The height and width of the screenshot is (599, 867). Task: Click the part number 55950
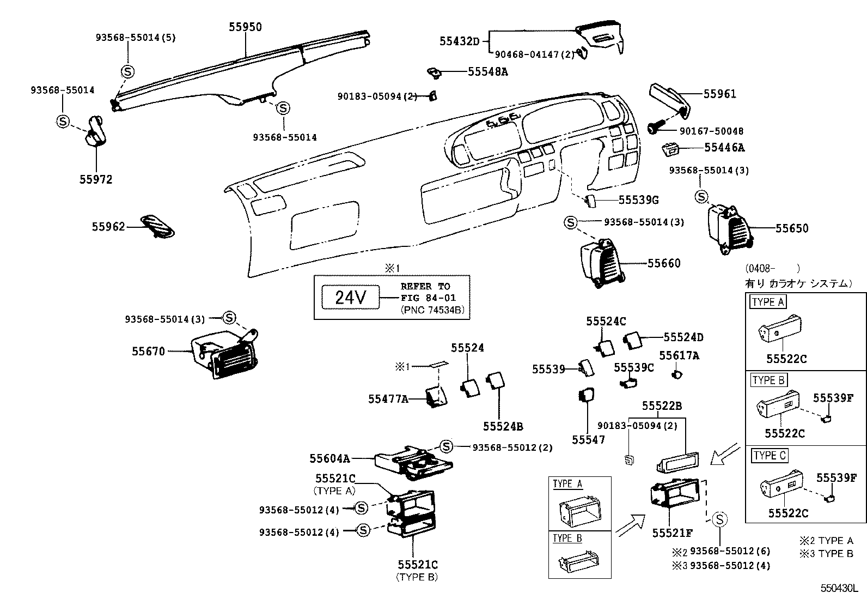[x=245, y=27]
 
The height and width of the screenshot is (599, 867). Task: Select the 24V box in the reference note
[x=350, y=298]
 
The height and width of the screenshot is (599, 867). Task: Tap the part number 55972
[x=96, y=179]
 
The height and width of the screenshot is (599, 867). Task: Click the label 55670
[x=148, y=352]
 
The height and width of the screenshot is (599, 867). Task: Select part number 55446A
[x=724, y=147]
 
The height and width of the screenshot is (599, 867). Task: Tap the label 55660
[x=664, y=263]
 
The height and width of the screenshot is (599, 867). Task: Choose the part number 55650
[x=792, y=228]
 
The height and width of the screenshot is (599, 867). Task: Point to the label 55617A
[x=679, y=356]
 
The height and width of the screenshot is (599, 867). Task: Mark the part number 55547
[x=588, y=439]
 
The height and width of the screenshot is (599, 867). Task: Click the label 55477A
[x=388, y=399]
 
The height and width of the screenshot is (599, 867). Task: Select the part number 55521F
[x=673, y=532]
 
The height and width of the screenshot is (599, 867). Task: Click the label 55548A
[x=487, y=71]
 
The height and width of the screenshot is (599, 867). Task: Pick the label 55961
[x=719, y=94]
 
